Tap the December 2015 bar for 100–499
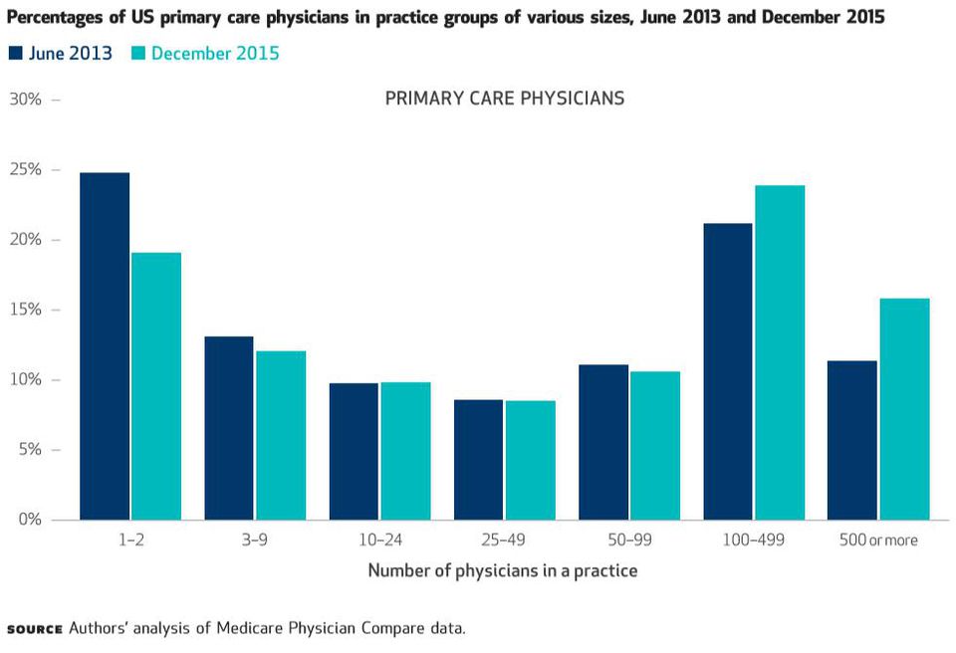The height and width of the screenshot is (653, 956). click(x=780, y=352)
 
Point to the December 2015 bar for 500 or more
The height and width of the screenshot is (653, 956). click(x=904, y=409)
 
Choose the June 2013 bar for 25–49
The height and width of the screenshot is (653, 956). click(x=478, y=460)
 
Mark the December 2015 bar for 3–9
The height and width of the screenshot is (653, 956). click(x=281, y=435)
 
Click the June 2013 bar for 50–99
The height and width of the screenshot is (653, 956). click(x=603, y=442)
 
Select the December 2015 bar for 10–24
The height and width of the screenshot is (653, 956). click(x=405, y=451)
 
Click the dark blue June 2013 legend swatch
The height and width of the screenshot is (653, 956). click(x=15, y=54)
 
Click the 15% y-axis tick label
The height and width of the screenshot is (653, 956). click(x=25, y=310)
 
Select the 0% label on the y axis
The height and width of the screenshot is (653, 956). click(x=29, y=520)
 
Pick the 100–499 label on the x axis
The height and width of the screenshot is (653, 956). click(x=754, y=541)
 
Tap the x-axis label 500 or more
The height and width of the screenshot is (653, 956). click(x=878, y=541)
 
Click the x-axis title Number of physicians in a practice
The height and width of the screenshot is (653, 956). click(x=503, y=571)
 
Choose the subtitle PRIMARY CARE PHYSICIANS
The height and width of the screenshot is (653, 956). click(x=505, y=99)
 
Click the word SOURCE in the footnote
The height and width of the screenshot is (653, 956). click(x=34, y=629)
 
